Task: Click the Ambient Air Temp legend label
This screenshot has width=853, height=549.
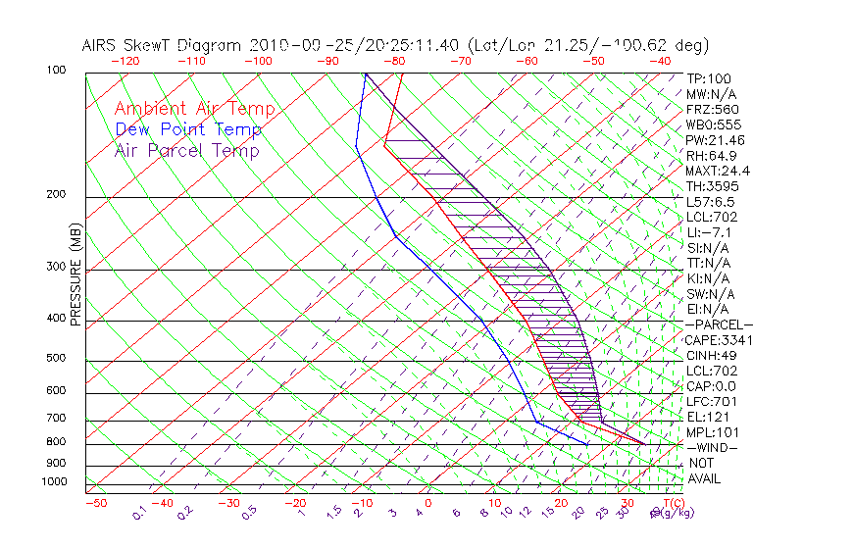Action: [194, 109]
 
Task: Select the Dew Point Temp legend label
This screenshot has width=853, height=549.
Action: [188, 129]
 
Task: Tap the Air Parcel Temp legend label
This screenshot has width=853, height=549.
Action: [186, 150]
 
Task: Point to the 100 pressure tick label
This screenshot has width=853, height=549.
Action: [56, 71]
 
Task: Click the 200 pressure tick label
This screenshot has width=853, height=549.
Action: [56, 195]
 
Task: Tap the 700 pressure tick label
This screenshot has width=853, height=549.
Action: [56, 419]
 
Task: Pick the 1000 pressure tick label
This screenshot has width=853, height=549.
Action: [53, 481]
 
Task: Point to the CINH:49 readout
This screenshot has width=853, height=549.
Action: [711, 355]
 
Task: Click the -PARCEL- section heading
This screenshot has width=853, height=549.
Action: [719, 324]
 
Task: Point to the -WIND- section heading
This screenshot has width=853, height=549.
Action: [711, 447]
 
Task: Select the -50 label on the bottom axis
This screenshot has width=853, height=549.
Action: [95, 503]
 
